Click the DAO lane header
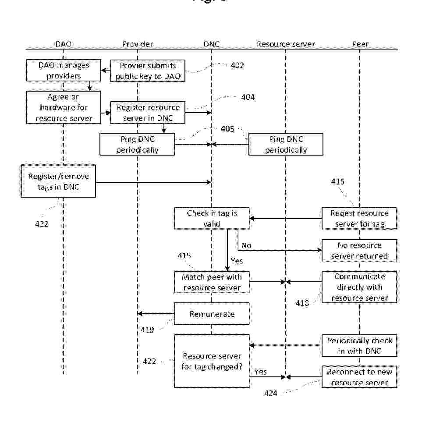pos(63,44)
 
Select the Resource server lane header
pos(285,44)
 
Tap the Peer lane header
pos(360,44)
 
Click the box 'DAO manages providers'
pos(64,71)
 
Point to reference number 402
pos(237,66)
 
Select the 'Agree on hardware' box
pos(64,107)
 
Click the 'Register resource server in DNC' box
pos(148,113)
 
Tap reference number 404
pos(248,97)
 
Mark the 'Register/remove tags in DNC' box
pos(58,181)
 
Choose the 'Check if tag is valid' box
pos(212,218)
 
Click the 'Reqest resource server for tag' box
pos(359,218)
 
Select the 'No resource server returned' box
pos(359,250)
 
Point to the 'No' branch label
pos(246,245)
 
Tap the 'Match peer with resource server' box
pos(212,282)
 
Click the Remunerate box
pos(212,314)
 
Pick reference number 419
pos(147,329)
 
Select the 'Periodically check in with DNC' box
pos(359,346)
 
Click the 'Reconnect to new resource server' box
pos(359,377)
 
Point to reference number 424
pos(270,394)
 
